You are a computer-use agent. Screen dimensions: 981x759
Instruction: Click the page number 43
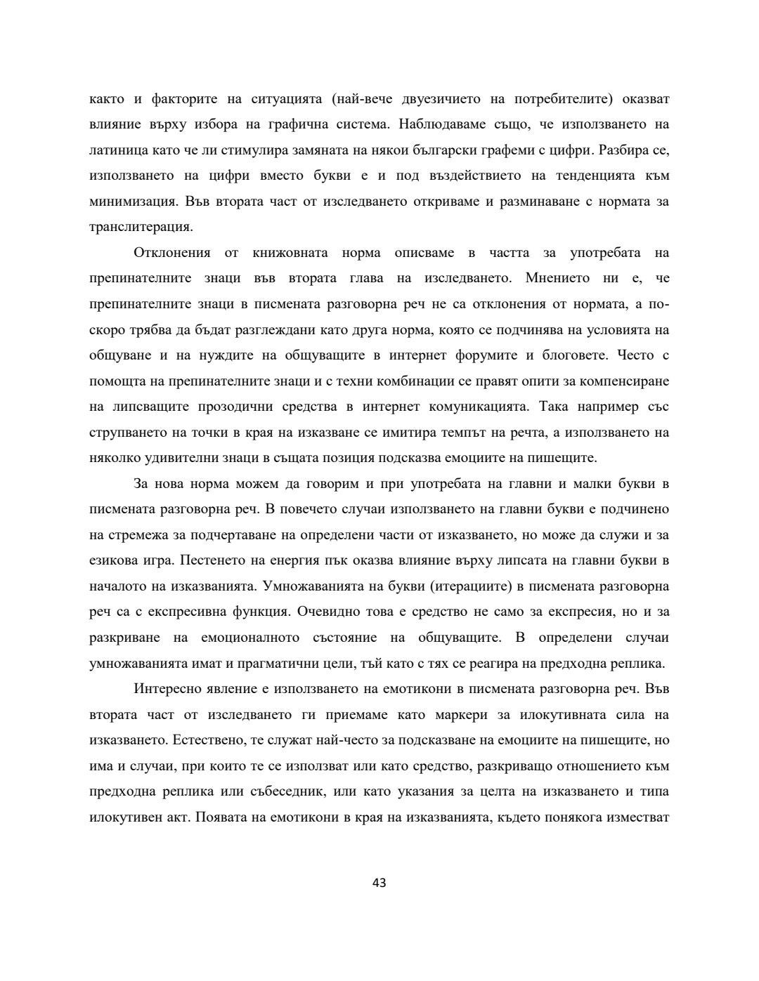[379, 883]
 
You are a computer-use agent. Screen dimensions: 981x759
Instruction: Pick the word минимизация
[134, 202]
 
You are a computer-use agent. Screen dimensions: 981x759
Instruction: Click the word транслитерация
[140, 227]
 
